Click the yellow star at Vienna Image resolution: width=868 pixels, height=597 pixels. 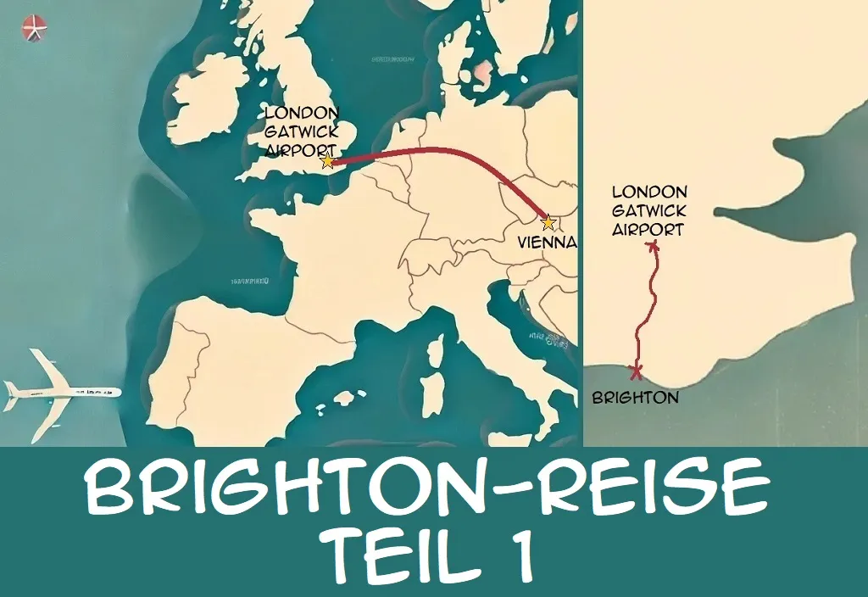click(548, 223)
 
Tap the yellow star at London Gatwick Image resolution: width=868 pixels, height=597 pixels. click(327, 161)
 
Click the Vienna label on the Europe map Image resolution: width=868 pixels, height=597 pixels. click(547, 243)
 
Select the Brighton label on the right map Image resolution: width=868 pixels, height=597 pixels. click(636, 397)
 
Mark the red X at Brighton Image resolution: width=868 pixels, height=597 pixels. click(636, 371)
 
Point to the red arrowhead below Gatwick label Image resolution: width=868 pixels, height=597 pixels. click(653, 246)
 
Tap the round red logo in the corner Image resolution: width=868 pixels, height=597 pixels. click(35, 28)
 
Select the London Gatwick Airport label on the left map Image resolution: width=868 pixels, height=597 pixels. click(302, 131)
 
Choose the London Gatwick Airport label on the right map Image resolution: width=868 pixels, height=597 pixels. click(648, 210)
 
